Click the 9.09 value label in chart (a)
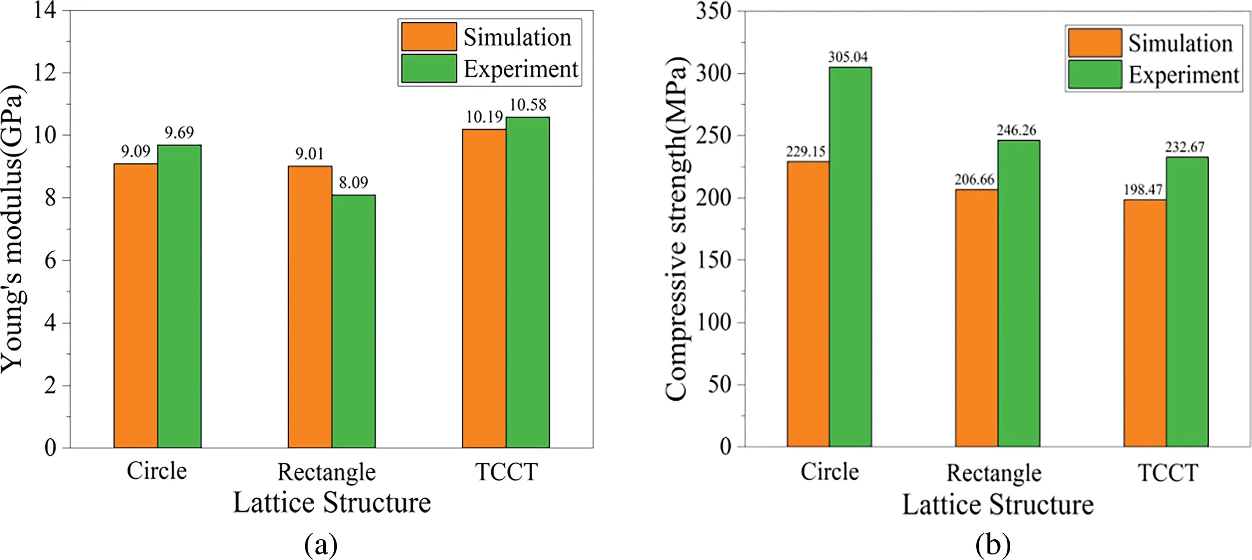[x=136, y=151]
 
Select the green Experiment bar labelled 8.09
[x=354, y=321]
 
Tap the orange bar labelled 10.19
[x=484, y=288]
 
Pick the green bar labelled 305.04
[x=850, y=257]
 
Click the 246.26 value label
[x=1016, y=130]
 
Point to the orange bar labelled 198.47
[x=1145, y=323]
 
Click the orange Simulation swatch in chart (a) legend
[x=429, y=36]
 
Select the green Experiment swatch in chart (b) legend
[x=1095, y=74]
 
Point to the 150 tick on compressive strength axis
[x=713, y=260]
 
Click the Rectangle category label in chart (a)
[x=326, y=472]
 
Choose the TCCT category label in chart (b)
[x=1168, y=473]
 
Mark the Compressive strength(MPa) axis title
[x=677, y=229]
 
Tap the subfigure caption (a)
[x=321, y=544]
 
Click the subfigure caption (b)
[x=992, y=544]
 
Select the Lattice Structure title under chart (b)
[x=998, y=505]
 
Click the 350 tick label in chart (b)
[x=713, y=11]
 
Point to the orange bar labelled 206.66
[x=976, y=318]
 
